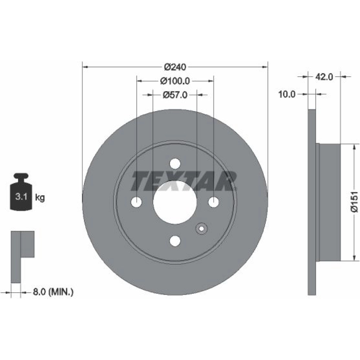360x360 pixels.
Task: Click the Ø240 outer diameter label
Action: [175, 67]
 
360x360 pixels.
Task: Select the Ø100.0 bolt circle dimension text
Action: [175, 81]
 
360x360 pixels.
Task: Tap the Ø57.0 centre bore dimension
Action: [175, 95]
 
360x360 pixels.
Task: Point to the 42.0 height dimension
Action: [324, 77]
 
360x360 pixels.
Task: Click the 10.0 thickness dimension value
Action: [287, 94]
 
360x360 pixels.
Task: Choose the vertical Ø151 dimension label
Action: [354, 202]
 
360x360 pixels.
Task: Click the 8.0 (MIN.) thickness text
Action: [53, 292]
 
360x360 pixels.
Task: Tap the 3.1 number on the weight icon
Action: [21, 197]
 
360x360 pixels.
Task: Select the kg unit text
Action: [40, 197]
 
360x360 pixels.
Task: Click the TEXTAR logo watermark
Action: [184, 181]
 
